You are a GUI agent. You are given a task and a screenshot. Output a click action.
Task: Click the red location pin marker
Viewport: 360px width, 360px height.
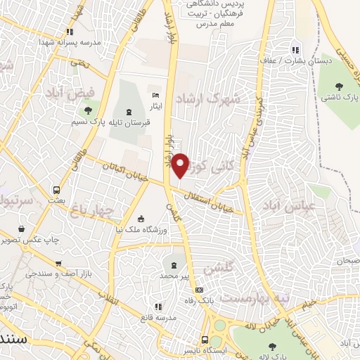[x=181, y=165]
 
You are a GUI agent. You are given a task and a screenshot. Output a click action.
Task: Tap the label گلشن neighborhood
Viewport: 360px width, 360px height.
[x=218, y=268]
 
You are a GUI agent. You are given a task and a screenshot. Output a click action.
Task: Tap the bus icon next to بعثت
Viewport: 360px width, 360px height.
[x=57, y=190]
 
